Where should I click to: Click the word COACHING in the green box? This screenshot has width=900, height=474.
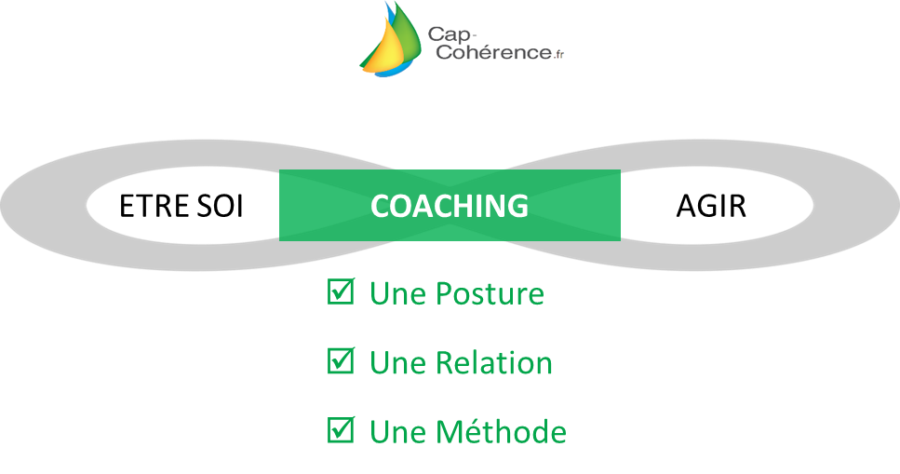coord(450,206)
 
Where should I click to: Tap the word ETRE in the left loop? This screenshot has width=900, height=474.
coord(154,206)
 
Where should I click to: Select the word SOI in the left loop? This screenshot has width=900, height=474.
coord(220,206)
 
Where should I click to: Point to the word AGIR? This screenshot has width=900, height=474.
coord(711,206)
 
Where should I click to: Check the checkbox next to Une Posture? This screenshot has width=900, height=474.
coord(341,291)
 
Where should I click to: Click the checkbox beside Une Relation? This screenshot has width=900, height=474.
coord(341,360)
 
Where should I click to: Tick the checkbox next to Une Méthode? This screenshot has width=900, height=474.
coord(341,429)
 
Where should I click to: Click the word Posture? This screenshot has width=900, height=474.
coord(490,293)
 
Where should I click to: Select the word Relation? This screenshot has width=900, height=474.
coord(493,363)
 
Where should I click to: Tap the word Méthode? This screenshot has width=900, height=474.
coord(501,431)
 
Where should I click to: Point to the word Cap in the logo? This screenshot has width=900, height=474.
coord(449,35)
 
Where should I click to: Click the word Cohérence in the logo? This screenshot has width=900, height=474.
coord(493,52)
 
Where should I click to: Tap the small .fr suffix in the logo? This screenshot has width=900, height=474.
coord(558,55)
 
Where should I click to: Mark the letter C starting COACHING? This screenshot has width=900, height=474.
coord(380,206)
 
